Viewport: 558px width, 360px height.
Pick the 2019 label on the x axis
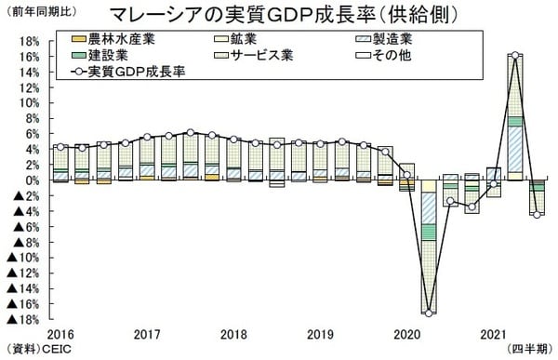[x=320, y=333]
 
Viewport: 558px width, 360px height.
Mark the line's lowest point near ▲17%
[x=428, y=312]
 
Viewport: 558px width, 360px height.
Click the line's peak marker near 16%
[x=514, y=56]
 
